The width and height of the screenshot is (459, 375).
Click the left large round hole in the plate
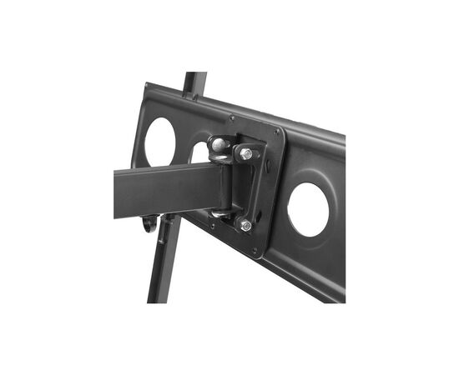click(159, 140)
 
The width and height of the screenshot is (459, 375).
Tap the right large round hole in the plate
click(308, 208)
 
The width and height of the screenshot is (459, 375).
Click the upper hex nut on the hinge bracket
click(246, 154)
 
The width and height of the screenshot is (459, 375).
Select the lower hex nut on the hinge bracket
click(245, 225)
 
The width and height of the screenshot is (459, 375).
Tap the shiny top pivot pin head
click(218, 145)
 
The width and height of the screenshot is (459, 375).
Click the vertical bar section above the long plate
click(194, 83)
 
